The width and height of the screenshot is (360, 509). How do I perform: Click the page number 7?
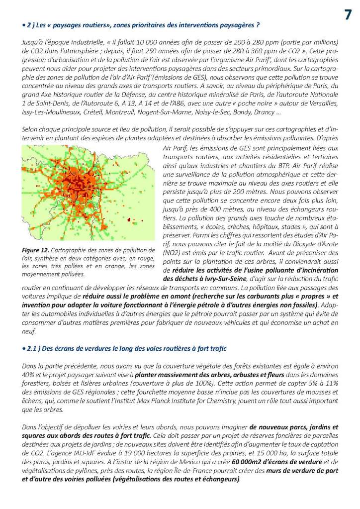click(349, 15)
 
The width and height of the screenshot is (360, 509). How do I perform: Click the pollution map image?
click(88, 194)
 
